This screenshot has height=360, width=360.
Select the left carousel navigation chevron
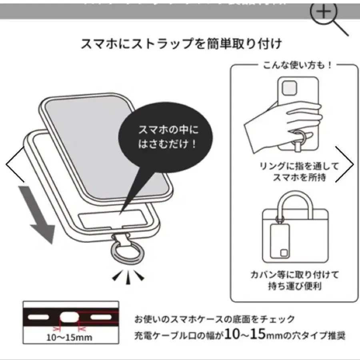tap(14, 164)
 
